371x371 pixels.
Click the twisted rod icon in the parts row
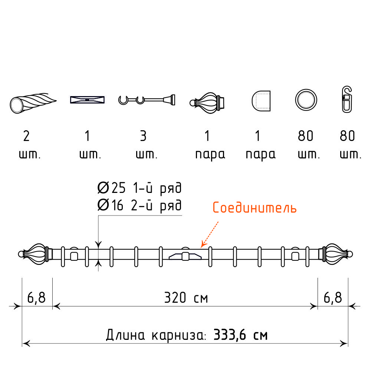pyautogui.click(x=33, y=103)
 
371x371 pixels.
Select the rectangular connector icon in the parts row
pyautogui.click(x=87, y=99)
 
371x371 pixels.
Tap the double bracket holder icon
pyautogui.click(x=147, y=100)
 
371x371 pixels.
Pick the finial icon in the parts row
pyautogui.click(x=207, y=103)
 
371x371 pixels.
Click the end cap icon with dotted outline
pyautogui.click(x=261, y=101)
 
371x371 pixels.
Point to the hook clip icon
pyautogui.click(x=347, y=99)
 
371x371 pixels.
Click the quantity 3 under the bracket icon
pyautogui.click(x=143, y=136)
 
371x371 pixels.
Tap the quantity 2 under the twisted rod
pyautogui.click(x=26, y=136)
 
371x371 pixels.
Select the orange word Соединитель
pyautogui.click(x=255, y=208)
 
